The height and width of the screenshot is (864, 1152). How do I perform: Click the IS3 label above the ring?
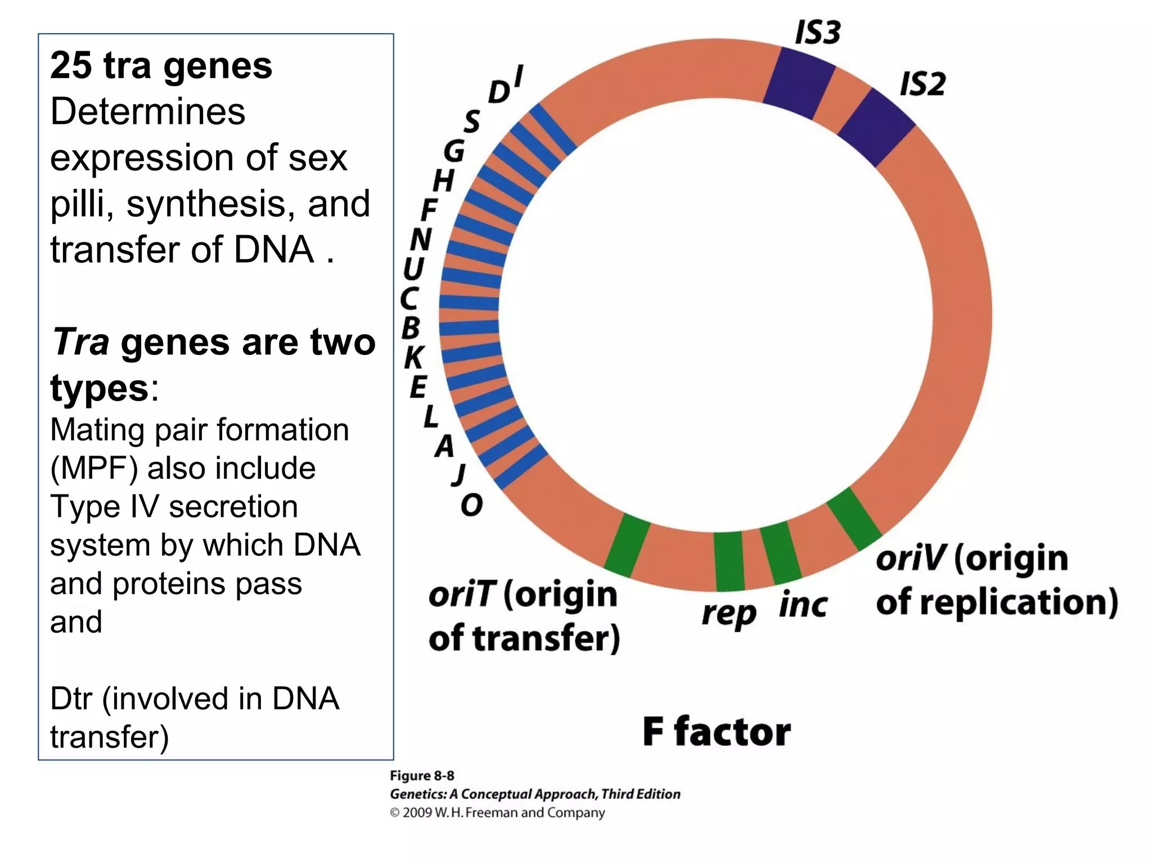click(817, 32)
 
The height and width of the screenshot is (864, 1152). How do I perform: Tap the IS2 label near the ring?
click(922, 84)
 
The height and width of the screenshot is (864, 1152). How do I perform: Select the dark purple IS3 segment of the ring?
click(799, 83)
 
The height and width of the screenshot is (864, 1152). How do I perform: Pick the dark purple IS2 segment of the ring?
click(876, 127)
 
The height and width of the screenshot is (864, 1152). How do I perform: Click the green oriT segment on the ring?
click(627, 545)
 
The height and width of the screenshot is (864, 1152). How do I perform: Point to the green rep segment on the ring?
click(729, 561)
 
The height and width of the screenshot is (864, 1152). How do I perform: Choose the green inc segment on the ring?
click(780, 553)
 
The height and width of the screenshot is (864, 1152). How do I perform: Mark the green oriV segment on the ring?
click(853, 519)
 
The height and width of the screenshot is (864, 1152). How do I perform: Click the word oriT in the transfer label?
click(462, 595)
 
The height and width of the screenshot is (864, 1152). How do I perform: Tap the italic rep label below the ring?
click(728, 613)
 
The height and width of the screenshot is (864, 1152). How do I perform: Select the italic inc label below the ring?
click(803, 605)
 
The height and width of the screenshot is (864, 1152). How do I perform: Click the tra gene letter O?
click(471, 505)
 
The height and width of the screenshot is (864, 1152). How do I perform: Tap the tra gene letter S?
click(472, 120)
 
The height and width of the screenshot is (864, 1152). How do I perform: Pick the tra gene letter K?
click(414, 357)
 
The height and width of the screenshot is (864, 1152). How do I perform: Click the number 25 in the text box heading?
click(71, 65)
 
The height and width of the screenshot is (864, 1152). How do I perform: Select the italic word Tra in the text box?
click(80, 341)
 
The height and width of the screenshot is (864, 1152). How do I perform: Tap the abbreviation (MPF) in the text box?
click(93, 468)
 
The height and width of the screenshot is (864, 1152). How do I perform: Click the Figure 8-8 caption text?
click(422, 776)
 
